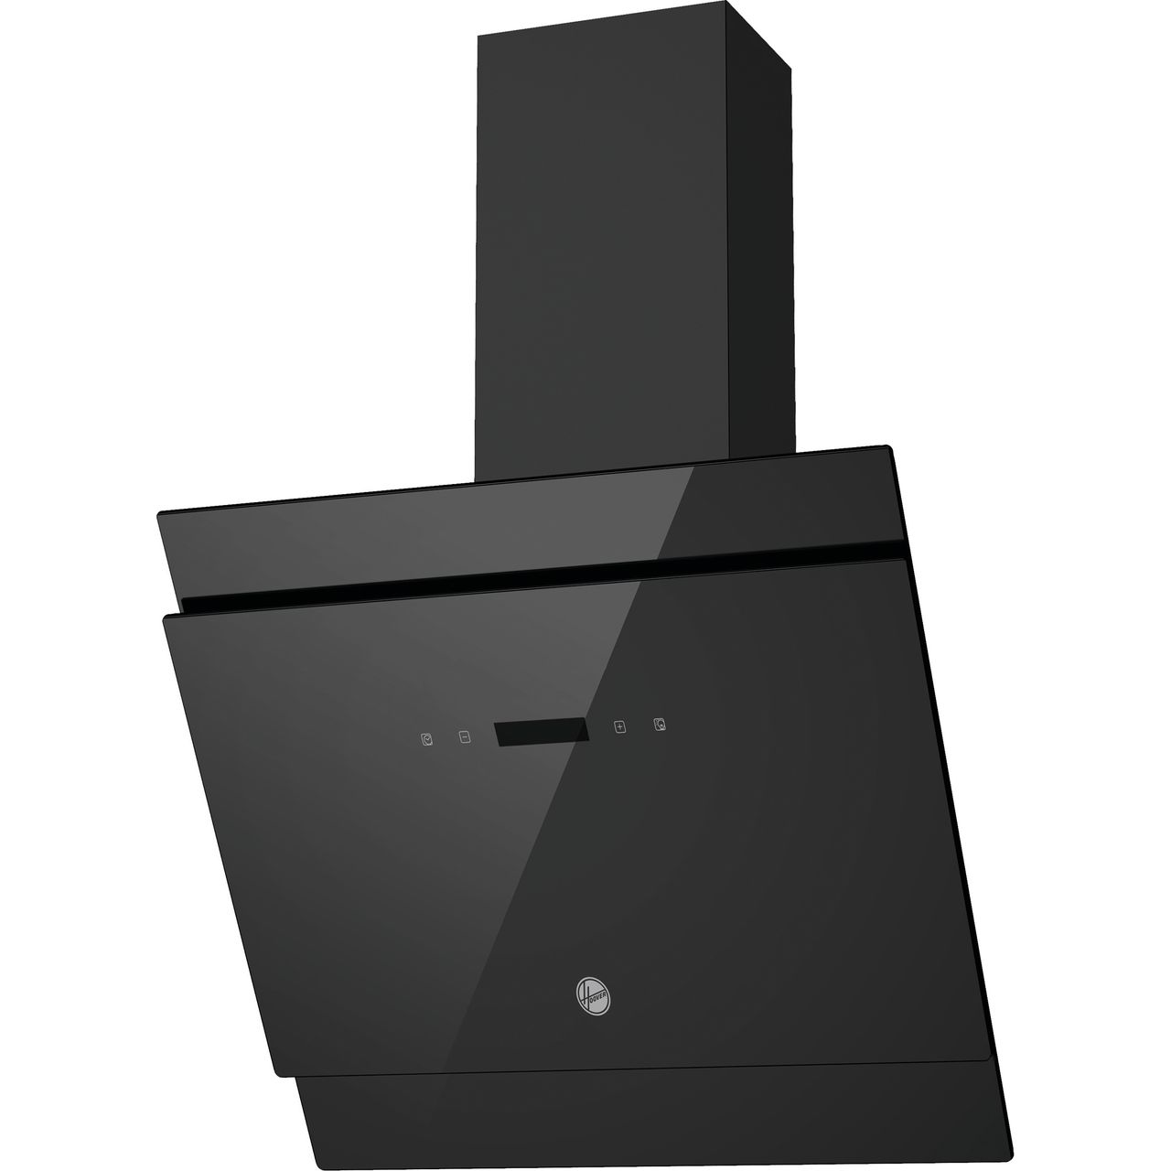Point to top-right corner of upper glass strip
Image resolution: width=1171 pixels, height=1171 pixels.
(888, 447)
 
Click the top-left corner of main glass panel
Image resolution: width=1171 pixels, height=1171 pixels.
(166, 618)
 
